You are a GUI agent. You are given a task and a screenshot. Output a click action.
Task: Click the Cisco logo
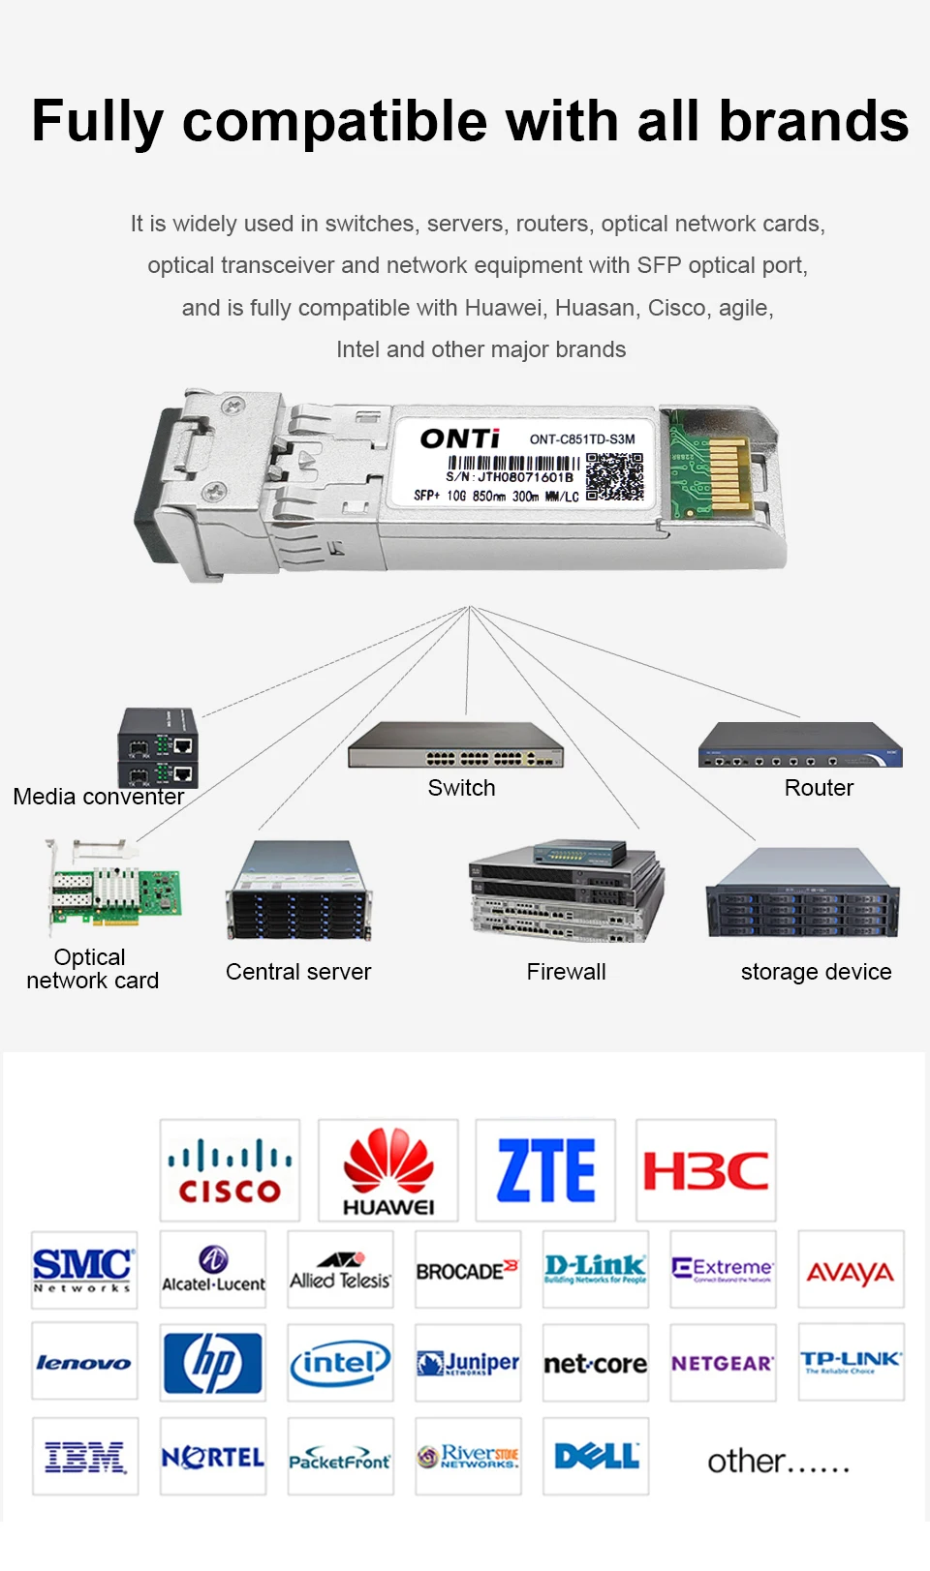230,1169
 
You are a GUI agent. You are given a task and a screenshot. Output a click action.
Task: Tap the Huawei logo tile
388,1169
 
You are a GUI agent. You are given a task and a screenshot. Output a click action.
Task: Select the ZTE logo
545,1169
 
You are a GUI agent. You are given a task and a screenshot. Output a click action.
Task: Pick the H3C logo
705,1169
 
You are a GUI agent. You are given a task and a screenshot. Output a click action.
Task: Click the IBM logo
85,1456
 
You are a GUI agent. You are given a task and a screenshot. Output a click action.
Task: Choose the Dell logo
596,1456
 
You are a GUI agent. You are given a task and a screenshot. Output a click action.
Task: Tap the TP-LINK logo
851,1362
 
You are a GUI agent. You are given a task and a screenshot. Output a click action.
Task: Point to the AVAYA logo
851,1270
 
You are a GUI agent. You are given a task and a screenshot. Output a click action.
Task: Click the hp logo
213,1362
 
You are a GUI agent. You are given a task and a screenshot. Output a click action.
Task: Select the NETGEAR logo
723,1362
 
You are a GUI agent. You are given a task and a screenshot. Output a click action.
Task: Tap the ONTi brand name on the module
460,438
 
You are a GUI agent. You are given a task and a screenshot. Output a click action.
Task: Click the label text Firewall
566,971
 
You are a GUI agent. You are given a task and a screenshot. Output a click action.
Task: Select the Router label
819,788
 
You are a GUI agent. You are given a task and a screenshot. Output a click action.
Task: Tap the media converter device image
159,747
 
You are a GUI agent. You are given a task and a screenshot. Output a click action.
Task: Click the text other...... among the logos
778,1461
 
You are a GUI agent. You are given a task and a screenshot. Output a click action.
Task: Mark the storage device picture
802,892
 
